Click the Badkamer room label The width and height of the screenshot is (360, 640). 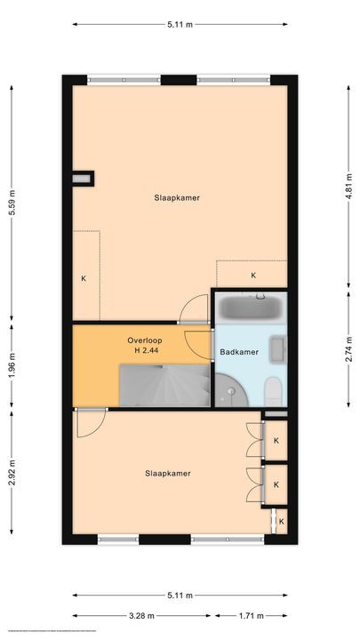point(239,352)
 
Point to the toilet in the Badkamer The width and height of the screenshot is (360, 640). point(276,389)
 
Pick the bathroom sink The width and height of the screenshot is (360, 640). point(279,348)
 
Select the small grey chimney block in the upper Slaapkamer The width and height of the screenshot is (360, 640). point(84,178)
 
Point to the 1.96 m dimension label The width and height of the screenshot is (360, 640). point(12,364)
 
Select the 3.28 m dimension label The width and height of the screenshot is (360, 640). point(142,615)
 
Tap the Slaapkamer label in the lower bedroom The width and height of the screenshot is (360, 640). point(168,474)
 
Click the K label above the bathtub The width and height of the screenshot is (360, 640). point(253,276)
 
